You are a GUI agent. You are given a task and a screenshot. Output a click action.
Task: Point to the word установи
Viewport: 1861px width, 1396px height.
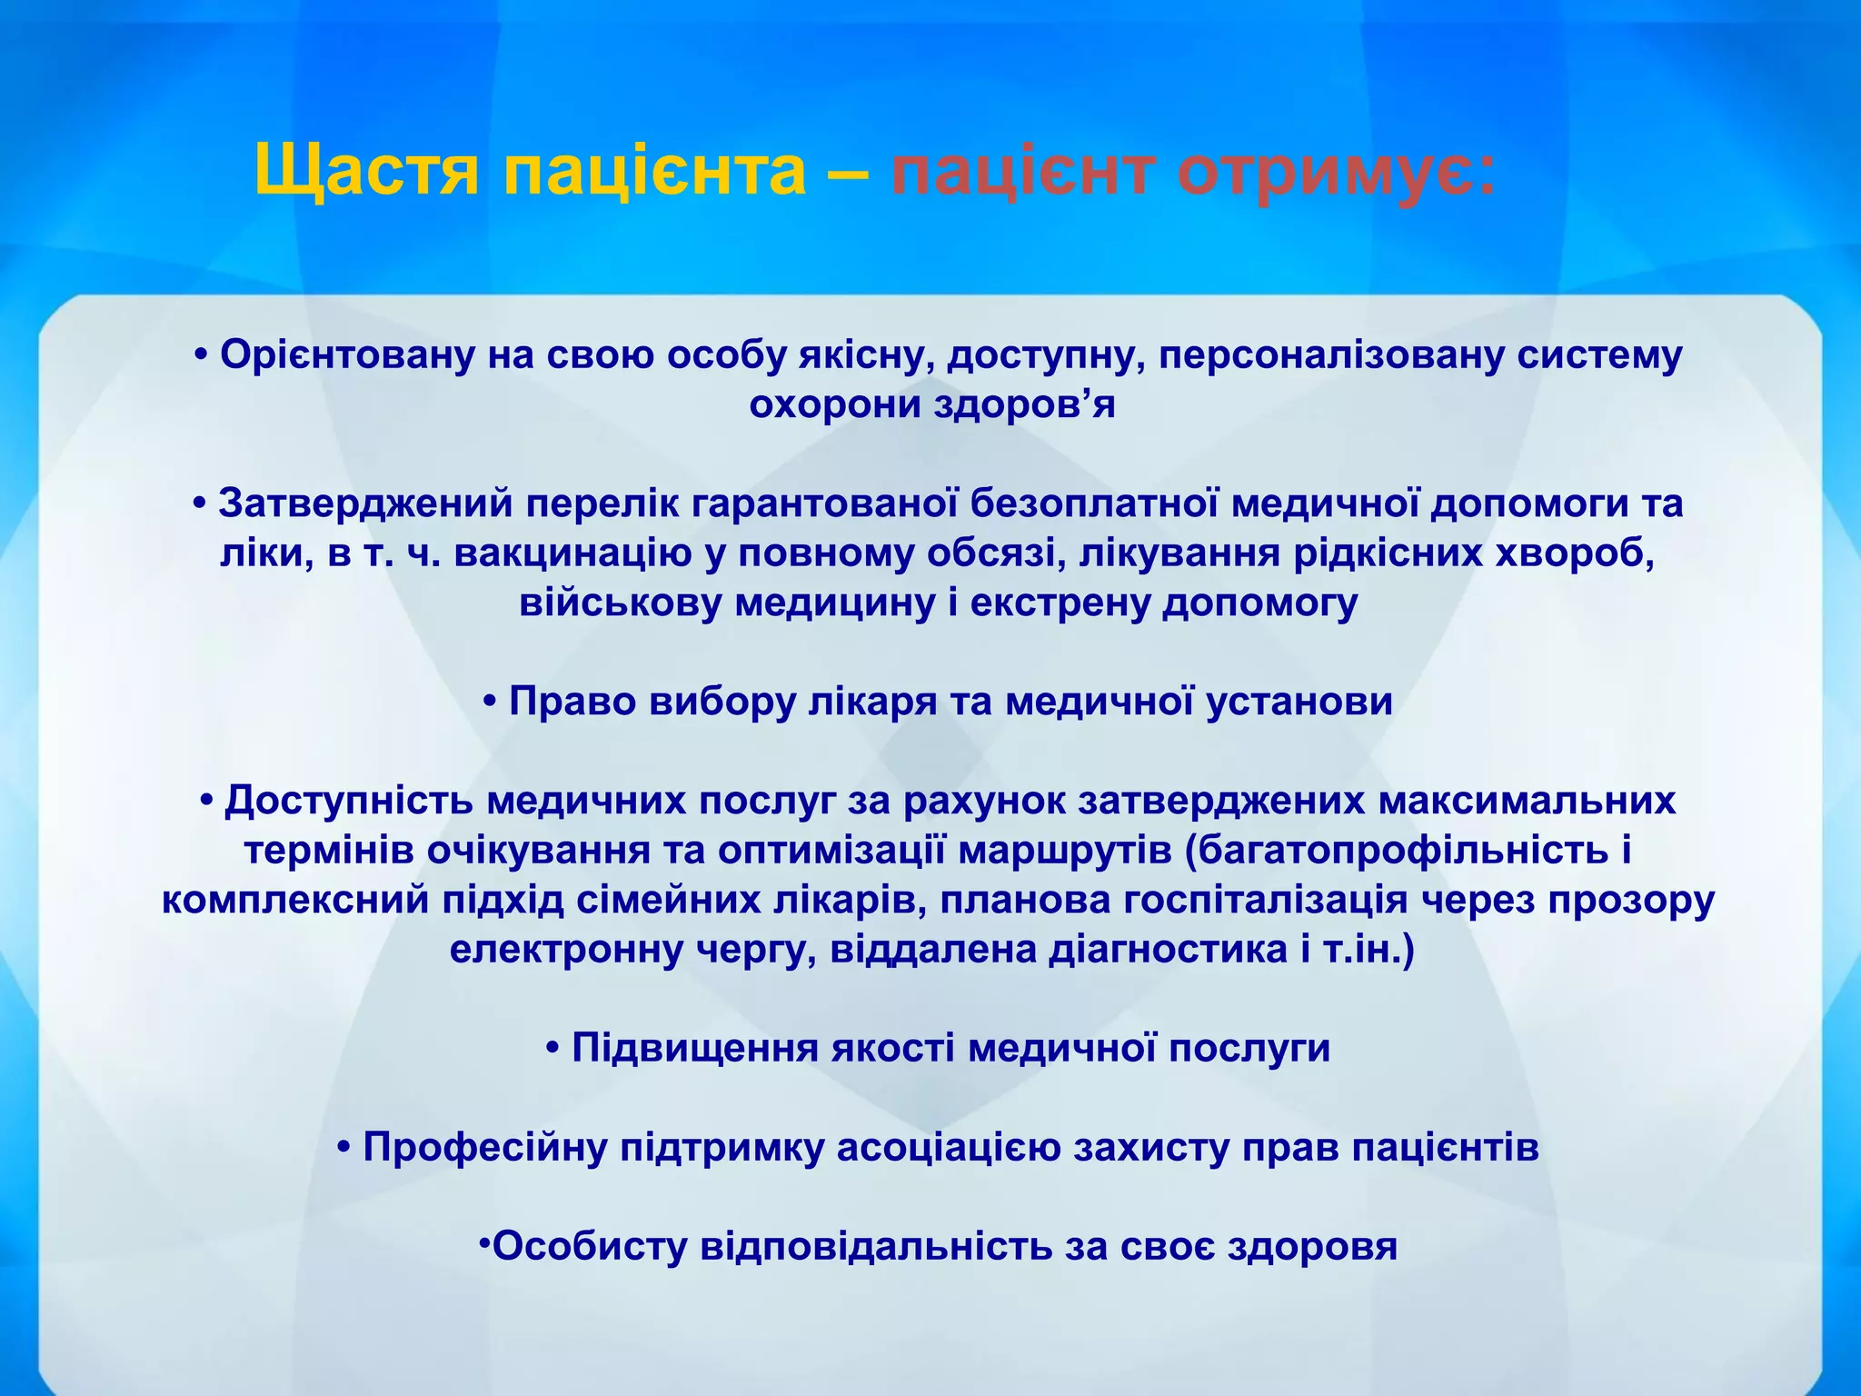(1299, 702)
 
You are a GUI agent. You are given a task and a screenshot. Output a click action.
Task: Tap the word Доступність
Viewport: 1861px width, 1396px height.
(349, 801)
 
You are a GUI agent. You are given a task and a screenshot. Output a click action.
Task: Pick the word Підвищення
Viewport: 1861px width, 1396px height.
(695, 1049)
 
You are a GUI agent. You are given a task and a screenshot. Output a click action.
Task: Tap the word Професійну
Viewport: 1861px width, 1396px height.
(485, 1148)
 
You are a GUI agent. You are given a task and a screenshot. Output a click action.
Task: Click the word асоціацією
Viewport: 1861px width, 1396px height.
(949, 1148)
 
